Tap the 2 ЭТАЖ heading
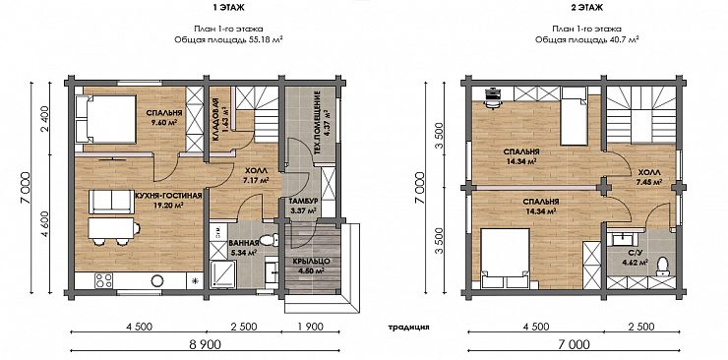(x=587, y=8)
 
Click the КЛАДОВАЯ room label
(x=215, y=120)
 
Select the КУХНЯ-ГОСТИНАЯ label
(x=168, y=196)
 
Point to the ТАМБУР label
(x=303, y=202)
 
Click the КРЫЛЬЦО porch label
(x=310, y=262)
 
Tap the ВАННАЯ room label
(x=243, y=243)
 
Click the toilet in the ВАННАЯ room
(x=270, y=240)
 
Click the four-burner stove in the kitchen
(x=104, y=280)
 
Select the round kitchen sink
(x=157, y=280)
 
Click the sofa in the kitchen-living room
(x=111, y=202)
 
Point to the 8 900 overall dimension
(x=204, y=344)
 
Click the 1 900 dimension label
(x=310, y=327)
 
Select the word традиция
(x=408, y=327)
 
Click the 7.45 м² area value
(x=649, y=182)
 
